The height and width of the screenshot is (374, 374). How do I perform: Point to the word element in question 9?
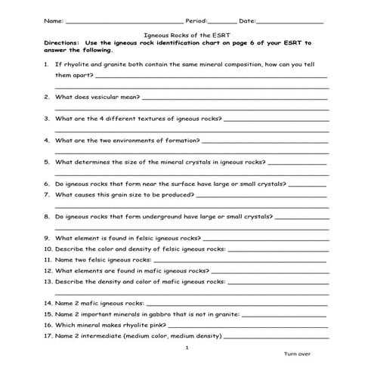pos(84,237)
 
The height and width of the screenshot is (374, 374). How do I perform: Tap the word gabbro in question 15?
pos(154,314)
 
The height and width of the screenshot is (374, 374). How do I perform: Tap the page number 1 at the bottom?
pos(187,347)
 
